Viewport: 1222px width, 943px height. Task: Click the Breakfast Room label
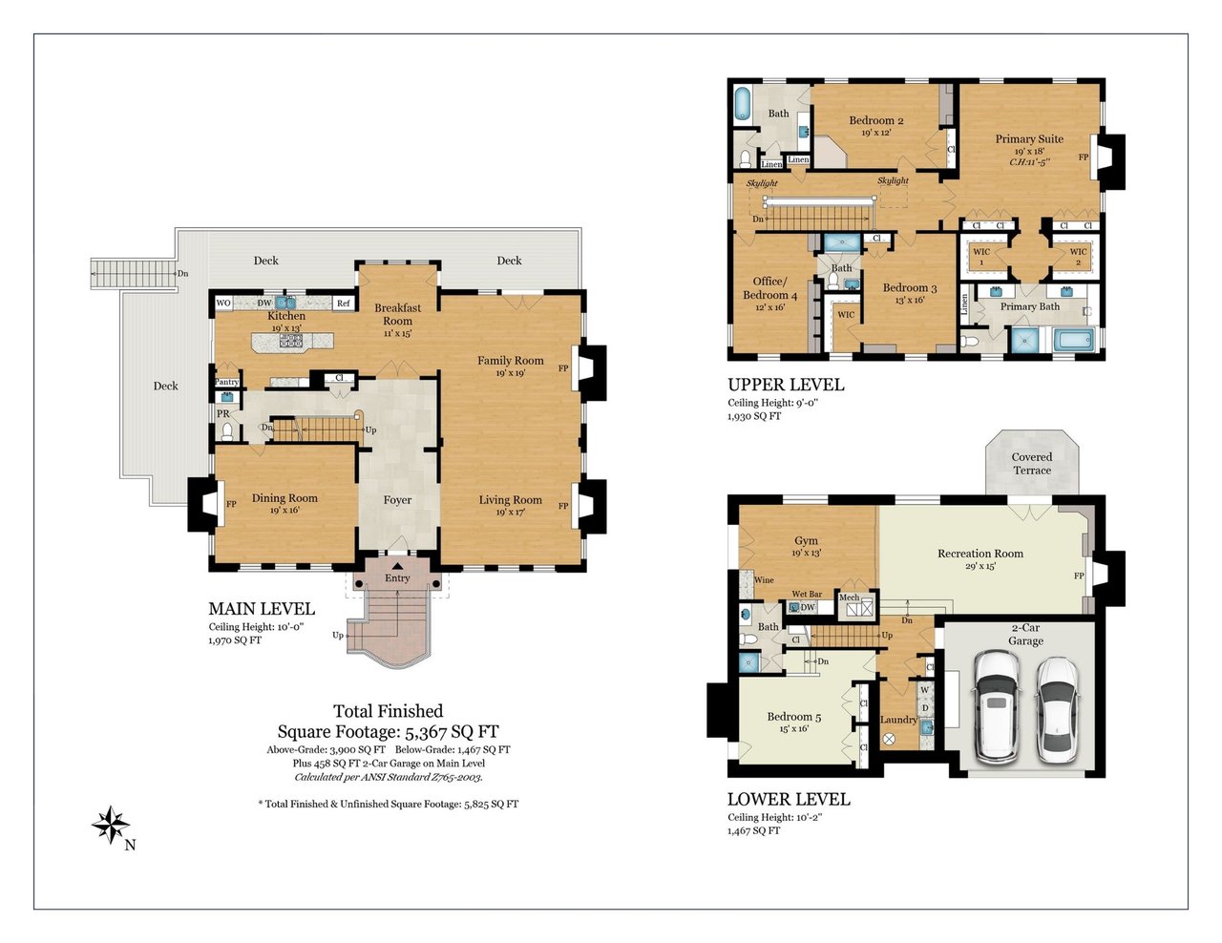pyautogui.click(x=397, y=314)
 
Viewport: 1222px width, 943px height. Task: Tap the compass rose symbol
pyautogui.click(x=111, y=825)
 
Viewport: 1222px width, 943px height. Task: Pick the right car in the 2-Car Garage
pyautogui.click(x=1057, y=709)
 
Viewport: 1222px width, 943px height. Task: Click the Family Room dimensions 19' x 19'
pyautogui.click(x=511, y=373)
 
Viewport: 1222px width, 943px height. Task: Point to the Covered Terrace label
pyautogui.click(x=1032, y=464)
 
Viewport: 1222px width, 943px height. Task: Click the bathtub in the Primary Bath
pyautogui.click(x=1074, y=340)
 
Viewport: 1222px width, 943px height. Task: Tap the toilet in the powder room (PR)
pyautogui.click(x=227, y=431)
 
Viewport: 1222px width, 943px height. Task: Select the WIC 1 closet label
pyautogui.click(x=981, y=257)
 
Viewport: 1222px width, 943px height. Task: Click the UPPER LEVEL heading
pyautogui.click(x=786, y=385)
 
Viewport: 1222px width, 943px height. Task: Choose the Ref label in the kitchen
pyautogui.click(x=343, y=303)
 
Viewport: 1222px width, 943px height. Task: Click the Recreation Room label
pyautogui.click(x=980, y=554)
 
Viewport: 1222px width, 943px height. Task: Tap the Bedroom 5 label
pyautogui.click(x=794, y=717)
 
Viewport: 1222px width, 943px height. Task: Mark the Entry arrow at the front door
pyautogui.click(x=397, y=566)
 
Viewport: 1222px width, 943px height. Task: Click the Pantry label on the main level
pyautogui.click(x=227, y=382)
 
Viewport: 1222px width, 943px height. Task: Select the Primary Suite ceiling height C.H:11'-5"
pyautogui.click(x=1030, y=162)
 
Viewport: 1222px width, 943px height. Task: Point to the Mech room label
pyautogui.click(x=849, y=597)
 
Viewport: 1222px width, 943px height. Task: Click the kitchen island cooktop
pyautogui.click(x=291, y=340)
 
